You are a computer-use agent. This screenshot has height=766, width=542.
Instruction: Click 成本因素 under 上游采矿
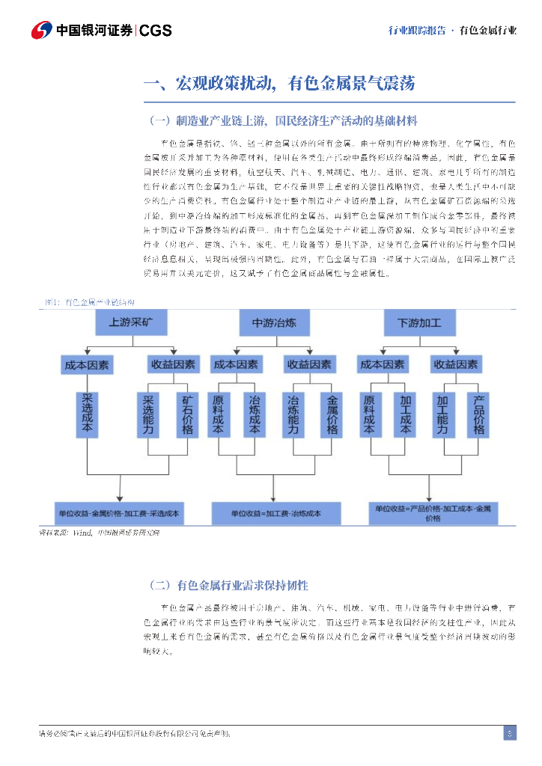pos(86,365)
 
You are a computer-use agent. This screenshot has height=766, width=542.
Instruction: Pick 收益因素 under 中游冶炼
pos(308,365)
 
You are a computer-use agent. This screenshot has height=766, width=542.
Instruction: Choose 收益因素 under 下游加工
pos(455,365)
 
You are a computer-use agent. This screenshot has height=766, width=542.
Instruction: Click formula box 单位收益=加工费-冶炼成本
pos(275,514)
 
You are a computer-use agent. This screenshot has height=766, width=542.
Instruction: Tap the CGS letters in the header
pos(156,31)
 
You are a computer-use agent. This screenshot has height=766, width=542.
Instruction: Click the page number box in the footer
pos(509,733)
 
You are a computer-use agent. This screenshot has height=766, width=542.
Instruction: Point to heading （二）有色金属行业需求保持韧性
pos(229,585)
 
